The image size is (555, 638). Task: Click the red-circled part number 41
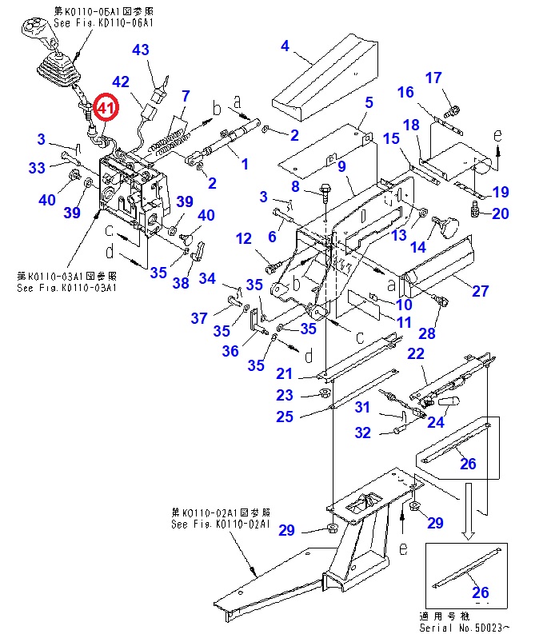point(106,106)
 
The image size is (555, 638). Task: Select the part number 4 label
point(285,46)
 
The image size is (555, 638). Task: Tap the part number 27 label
point(480,291)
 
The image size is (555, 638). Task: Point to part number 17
point(433,78)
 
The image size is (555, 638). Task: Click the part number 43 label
point(140,50)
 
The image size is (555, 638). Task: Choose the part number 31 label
point(363,407)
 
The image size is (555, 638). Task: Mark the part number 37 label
point(198,318)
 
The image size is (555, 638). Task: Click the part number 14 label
point(417,247)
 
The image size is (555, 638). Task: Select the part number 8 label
point(295,186)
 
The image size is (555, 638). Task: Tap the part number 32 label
point(363,433)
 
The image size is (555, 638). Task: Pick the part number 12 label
point(244,238)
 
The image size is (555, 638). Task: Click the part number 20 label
point(500,213)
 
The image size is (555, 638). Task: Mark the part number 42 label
point(121,82)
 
